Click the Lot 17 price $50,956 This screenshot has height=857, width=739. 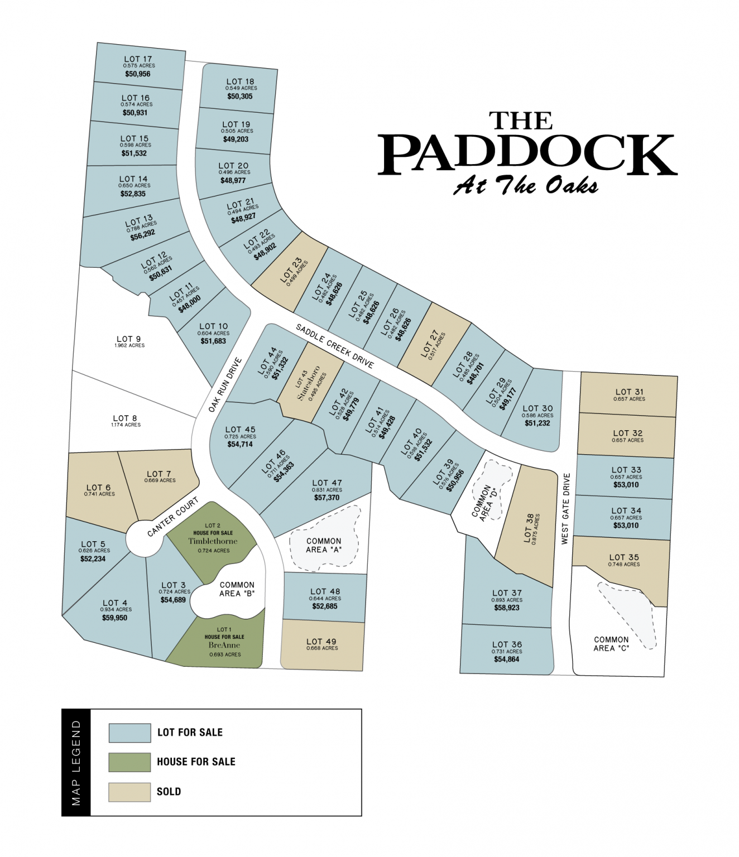(138, 74)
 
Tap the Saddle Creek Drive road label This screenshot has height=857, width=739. (334, 346)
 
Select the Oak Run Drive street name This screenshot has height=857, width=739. (225, 385)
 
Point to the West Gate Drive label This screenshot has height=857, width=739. (566, 508)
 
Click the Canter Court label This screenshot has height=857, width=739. (172, 517)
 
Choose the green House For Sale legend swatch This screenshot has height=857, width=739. (129, 762)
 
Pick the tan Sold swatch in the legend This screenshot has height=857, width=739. (129, 792)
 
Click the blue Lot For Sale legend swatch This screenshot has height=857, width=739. (129, 733)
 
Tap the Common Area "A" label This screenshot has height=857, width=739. (324, 545)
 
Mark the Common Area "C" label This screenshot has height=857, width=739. (611, 644)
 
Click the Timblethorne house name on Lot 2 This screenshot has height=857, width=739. (213, 541)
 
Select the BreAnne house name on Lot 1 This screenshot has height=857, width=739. (224, 645)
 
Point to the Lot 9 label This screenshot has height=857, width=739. (129, 339)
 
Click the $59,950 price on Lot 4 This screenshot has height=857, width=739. (114, 618)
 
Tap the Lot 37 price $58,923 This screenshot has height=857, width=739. (507, 608)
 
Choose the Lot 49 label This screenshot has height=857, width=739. (321, 642)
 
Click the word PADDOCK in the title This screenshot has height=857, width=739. (527, 155)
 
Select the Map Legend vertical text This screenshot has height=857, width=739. (76, 763)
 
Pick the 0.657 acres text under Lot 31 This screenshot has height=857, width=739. (629, 399)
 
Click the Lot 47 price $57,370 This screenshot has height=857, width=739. (327, 498)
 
